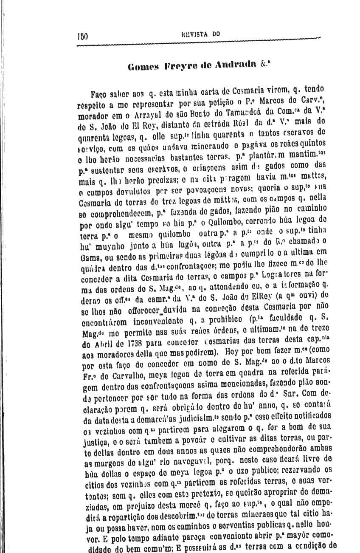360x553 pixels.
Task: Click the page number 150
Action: point(82,36)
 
